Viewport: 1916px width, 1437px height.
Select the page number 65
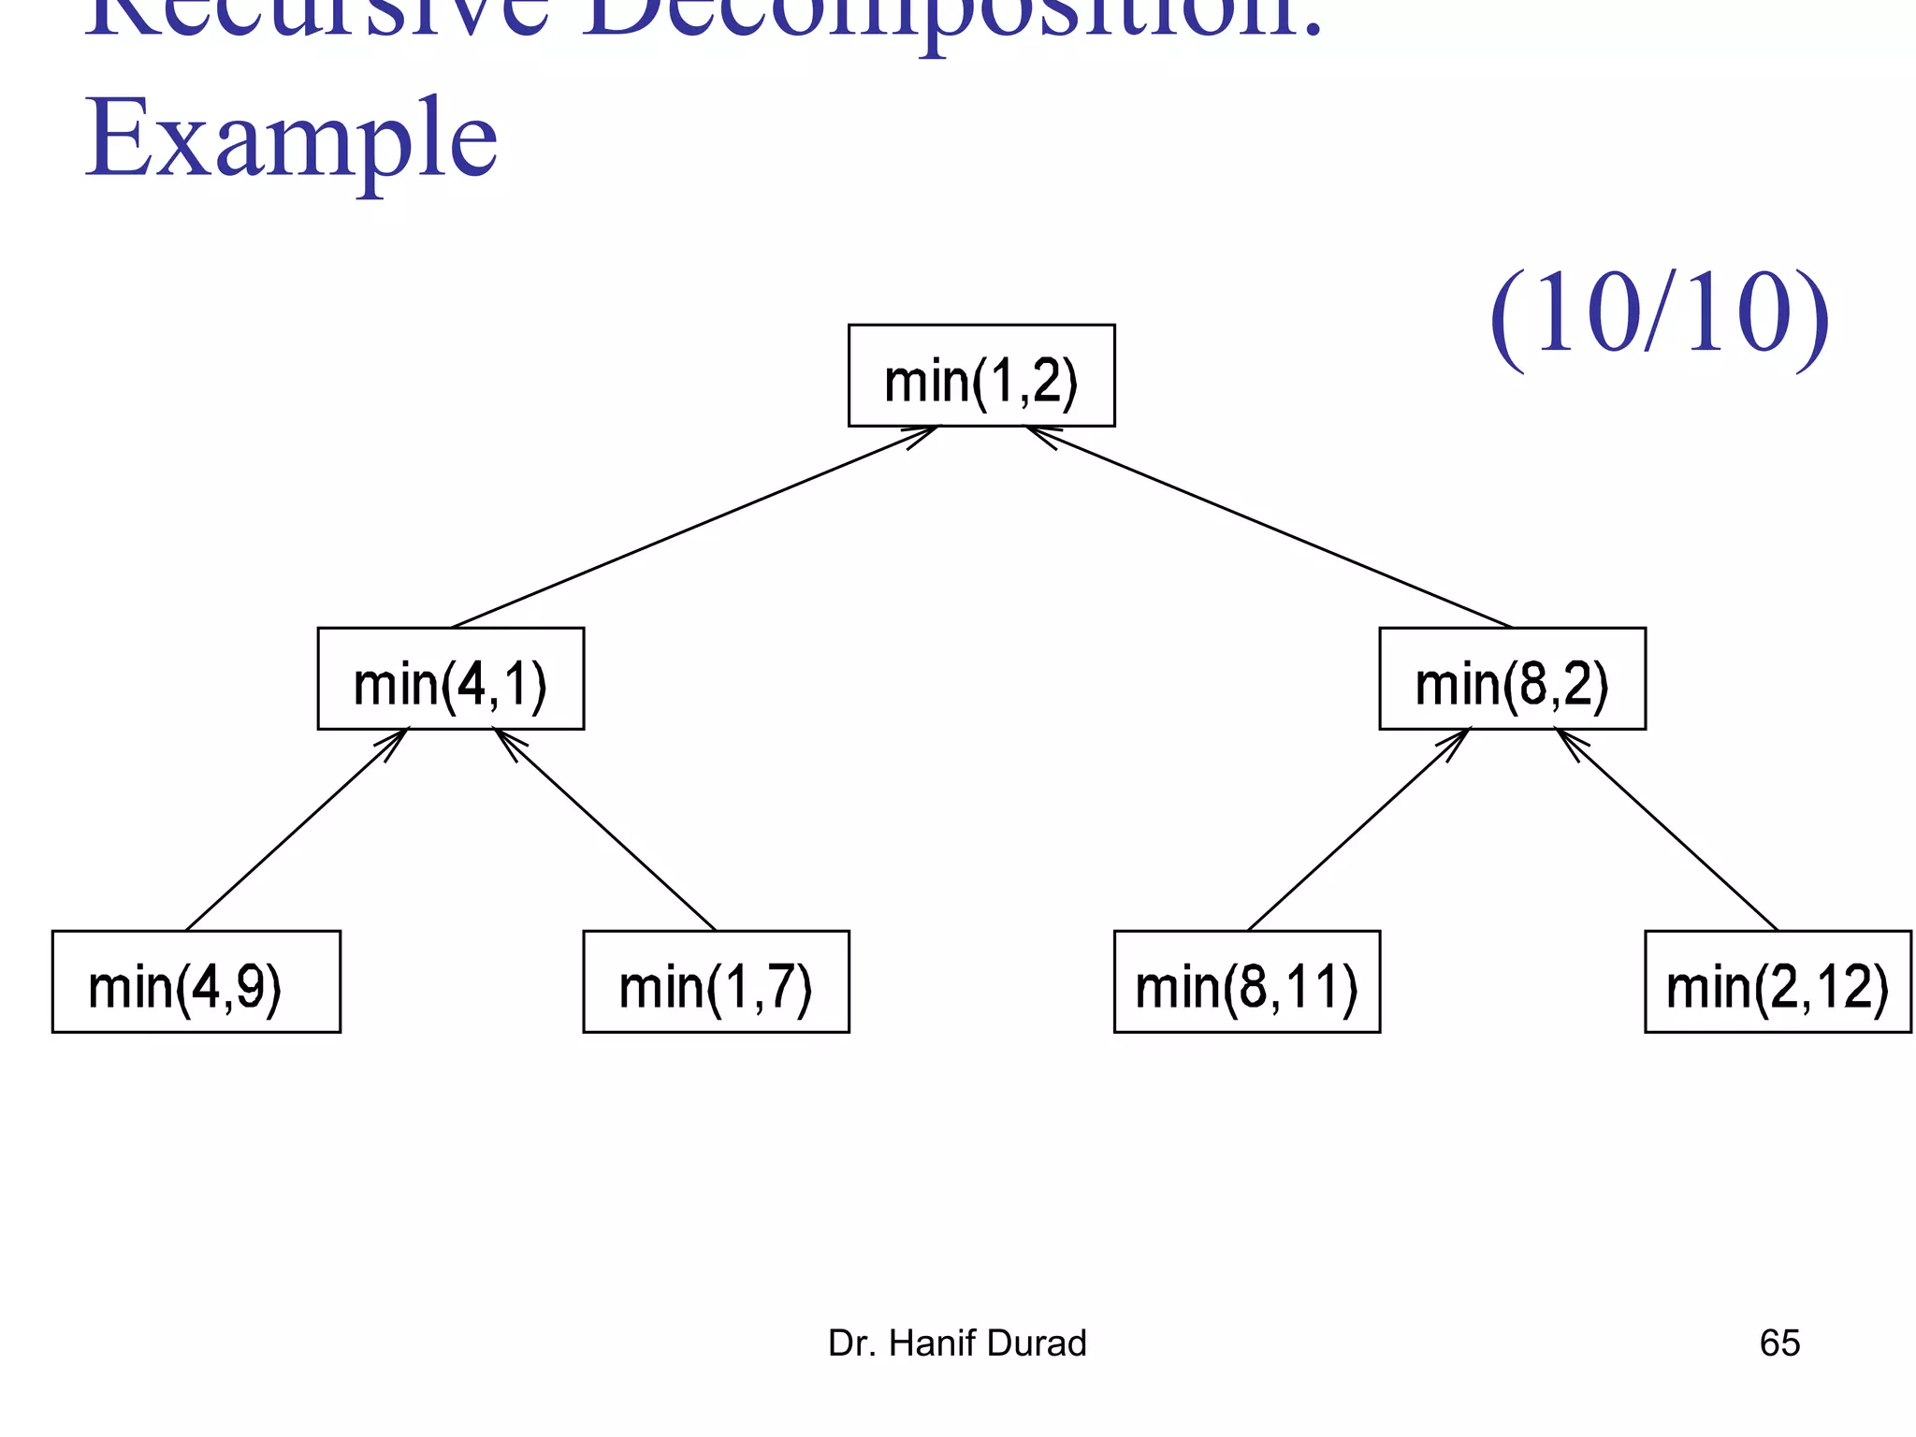[x=1779, y=1343]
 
